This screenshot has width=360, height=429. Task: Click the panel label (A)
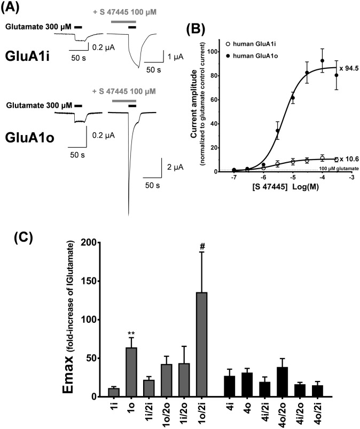12,9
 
